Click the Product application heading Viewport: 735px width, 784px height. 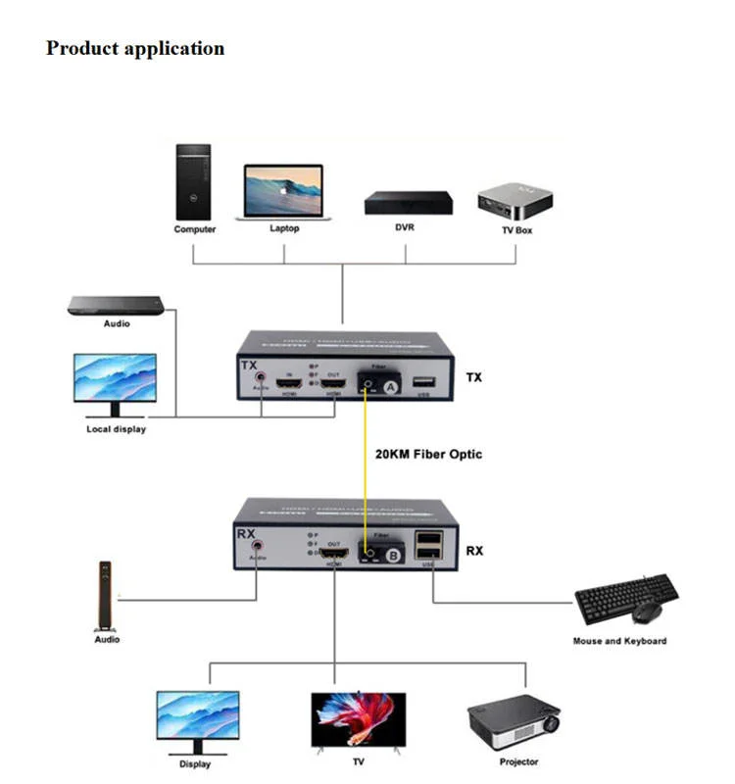click(x=135, y=48)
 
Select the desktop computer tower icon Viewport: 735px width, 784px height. click(x=193, y=182)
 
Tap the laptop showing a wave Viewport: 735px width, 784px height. click(x=282, y=192)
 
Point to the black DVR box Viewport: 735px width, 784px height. click(x=409, y=203)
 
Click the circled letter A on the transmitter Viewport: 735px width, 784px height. click(x=390, y=387)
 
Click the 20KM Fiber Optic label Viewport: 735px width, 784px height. click(x=428, y=455)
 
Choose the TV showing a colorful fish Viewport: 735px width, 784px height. click(x=358, y=719)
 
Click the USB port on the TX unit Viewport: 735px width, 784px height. click(x=423, y=381)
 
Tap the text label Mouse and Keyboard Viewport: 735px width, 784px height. click(x=619, y=641)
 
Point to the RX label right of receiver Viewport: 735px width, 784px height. click(x=474, y=551)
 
